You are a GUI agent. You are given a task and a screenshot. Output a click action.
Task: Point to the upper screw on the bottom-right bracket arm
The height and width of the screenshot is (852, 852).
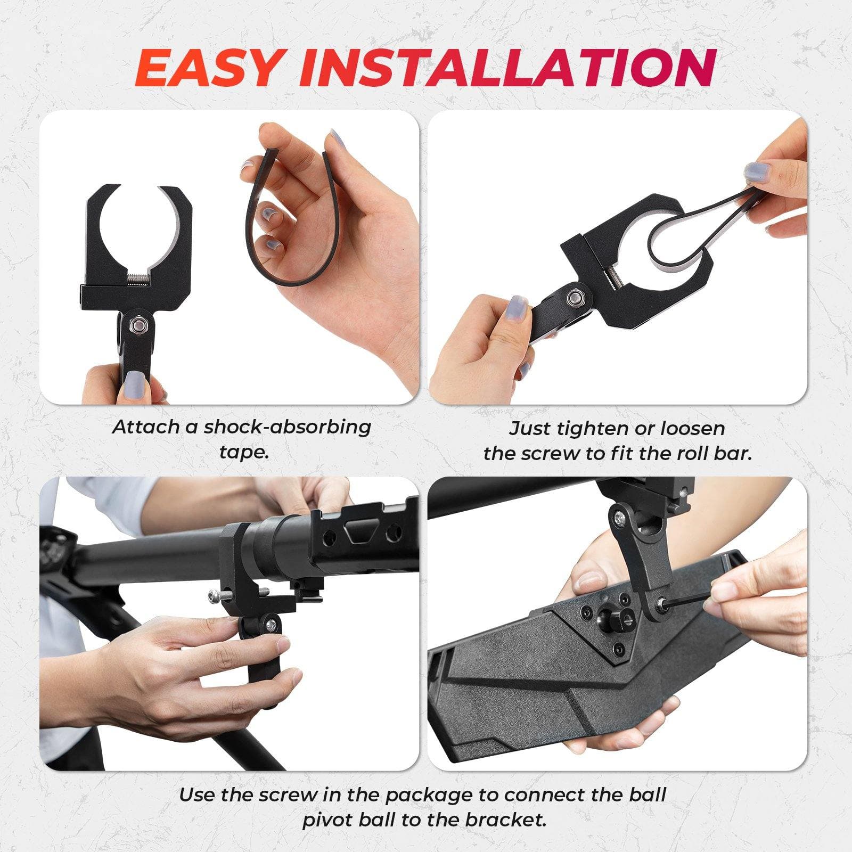pyautogui.click(x=619, y=515)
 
